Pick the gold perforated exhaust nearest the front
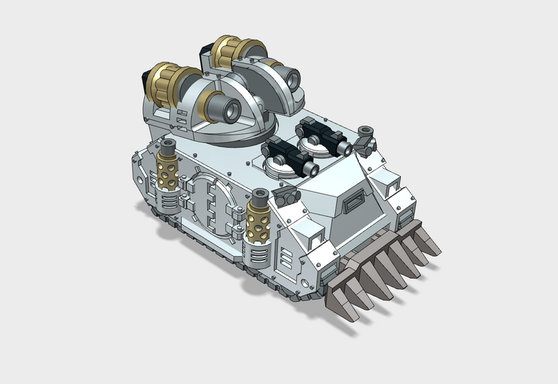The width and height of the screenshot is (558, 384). pos(258,224)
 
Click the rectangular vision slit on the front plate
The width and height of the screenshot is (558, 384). pos(354,203)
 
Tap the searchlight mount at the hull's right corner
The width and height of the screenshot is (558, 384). pos(364,139)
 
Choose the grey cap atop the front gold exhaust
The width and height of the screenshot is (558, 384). pos(259,195)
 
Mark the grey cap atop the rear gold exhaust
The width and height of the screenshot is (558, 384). pos(168,147)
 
